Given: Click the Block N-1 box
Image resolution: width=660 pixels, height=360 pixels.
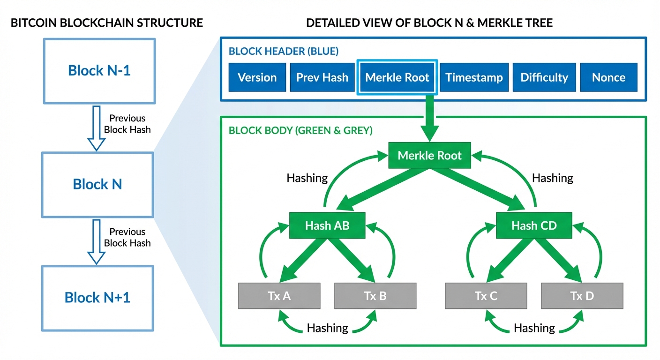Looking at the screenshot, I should point(99,71).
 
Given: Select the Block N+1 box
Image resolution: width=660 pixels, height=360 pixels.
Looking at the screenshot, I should point(97,298).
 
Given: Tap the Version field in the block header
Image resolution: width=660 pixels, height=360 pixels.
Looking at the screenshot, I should point(257,77).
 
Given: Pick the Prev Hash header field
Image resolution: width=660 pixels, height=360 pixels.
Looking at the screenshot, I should point(322,77).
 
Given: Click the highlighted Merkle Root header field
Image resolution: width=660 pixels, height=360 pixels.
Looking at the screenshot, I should point(397,77).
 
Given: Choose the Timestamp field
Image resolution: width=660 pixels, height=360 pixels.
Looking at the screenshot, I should point(474,77).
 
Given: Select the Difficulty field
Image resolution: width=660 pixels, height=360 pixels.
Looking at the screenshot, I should point(544,77).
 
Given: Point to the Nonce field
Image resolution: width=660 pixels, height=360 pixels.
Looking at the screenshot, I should point(608,77).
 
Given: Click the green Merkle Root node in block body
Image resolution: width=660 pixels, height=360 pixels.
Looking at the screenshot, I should point(430,156).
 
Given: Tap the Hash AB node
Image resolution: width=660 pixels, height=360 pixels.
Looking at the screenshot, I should point(327,225).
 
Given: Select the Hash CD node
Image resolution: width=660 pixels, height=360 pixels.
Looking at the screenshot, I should point(534,225).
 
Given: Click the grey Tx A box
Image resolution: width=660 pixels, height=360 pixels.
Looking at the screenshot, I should point(279,296).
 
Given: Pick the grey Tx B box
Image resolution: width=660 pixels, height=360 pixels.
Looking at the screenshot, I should point(375,296).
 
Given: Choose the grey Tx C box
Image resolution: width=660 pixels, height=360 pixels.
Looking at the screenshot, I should point(486,296).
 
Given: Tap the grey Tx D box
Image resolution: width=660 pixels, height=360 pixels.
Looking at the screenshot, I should point(582,296).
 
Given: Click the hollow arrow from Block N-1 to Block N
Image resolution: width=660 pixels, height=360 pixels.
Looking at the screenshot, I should point(97,127).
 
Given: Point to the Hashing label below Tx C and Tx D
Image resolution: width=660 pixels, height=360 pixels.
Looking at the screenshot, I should point(534,328).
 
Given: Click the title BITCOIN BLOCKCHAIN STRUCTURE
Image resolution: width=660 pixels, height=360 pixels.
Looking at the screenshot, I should point(107,22).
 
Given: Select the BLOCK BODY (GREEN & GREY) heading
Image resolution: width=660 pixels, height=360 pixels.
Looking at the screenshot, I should point(300,130).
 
